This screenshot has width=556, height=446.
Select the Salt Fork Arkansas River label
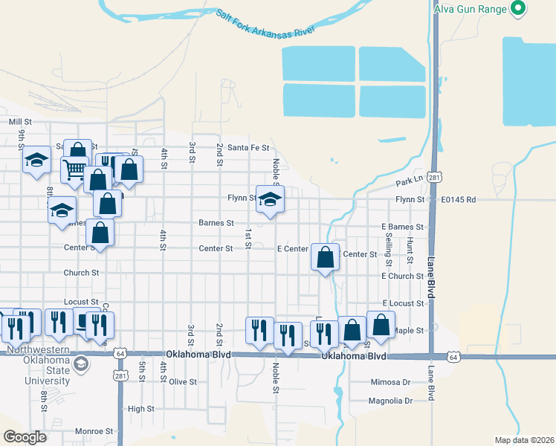[266, 22]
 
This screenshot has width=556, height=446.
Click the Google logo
[25, 436]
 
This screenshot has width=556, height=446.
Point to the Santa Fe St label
[248, 147]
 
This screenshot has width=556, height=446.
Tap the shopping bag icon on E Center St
[326, 258]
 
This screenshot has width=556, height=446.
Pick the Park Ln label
[409, 181]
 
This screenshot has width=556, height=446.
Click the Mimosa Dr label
[390, 382]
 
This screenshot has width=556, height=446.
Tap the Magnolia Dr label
[390, 401]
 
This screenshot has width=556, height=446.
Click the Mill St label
[20, 121]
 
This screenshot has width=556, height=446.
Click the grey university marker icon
[80, 364]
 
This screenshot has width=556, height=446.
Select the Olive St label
[183, 382]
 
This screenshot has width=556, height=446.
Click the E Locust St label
[403, 303]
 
